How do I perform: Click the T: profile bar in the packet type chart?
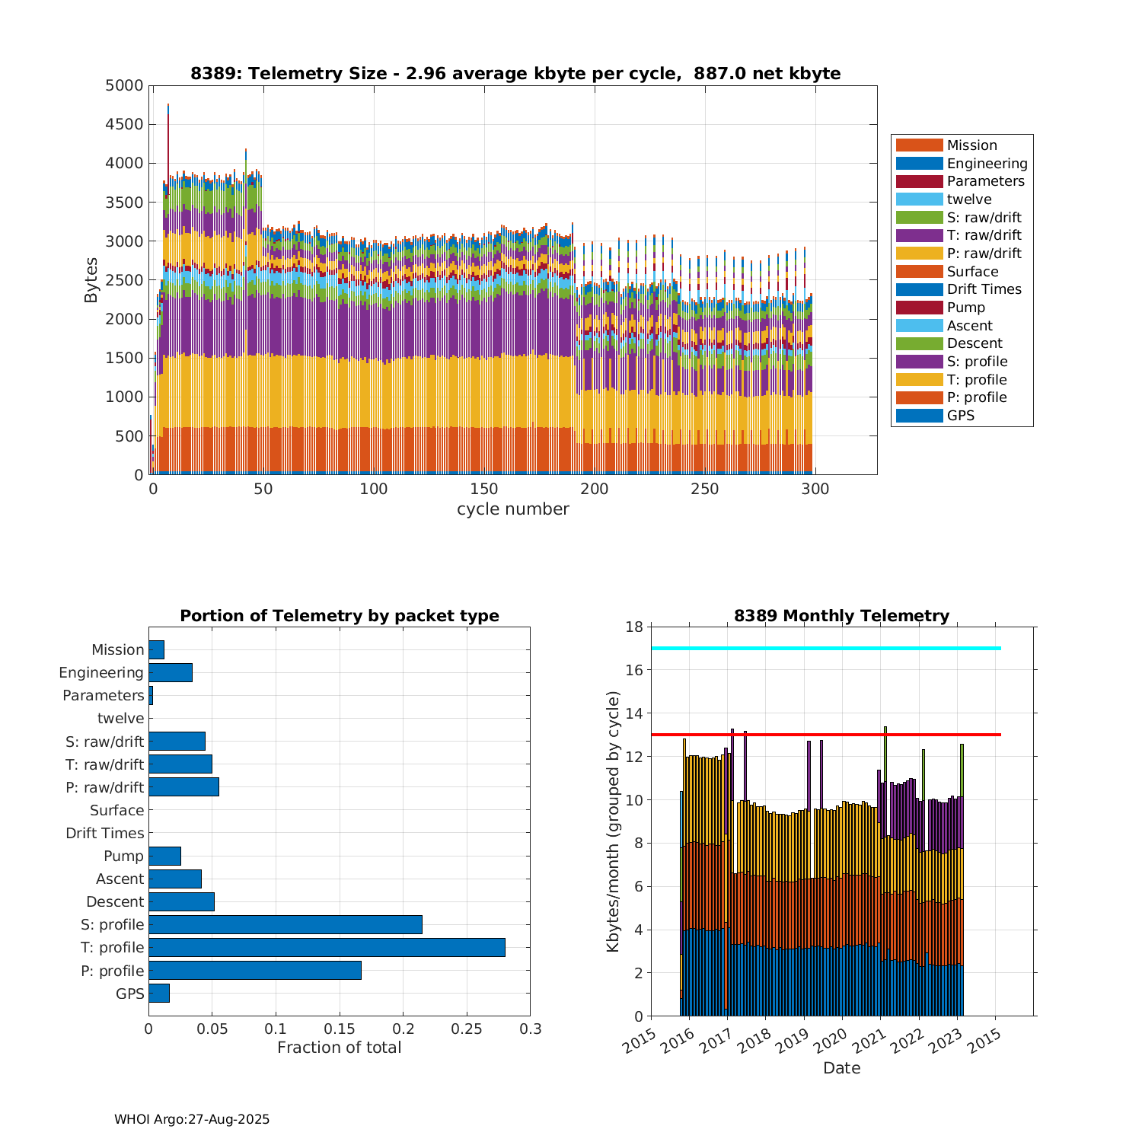(x=327, y=947)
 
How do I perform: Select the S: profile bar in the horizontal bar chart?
(x=285, y=924)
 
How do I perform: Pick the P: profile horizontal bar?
(x=255, y=971)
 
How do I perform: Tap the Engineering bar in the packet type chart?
(x=171, y=672)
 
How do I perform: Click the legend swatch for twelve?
(x=919, y=199)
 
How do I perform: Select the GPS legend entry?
(x=960, y=416)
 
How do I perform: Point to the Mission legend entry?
(x=971, y=145)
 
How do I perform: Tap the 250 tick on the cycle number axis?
(x=705, y=490)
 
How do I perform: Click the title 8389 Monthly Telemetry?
(x=841, y=616)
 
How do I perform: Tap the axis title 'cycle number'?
(x=512, y=509)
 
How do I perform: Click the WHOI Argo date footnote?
(x=192, y=1119)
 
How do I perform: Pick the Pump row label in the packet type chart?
(x=123, y=856)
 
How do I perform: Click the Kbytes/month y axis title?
(x=614, y=821)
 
